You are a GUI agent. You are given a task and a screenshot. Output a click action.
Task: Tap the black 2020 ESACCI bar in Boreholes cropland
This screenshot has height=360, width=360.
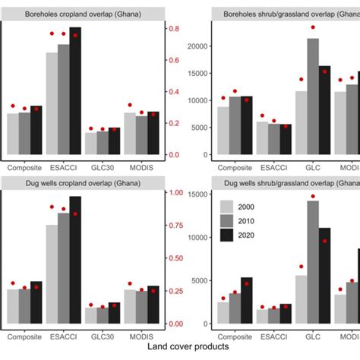click(x=75, y=91)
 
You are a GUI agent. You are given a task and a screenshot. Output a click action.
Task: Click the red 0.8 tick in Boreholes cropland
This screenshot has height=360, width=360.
click(x=174, y=29)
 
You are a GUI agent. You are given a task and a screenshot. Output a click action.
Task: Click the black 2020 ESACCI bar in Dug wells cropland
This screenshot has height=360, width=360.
click(x=75, y=262)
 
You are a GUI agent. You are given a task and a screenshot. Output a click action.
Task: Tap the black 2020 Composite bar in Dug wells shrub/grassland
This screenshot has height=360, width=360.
click(x=247, y=302)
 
